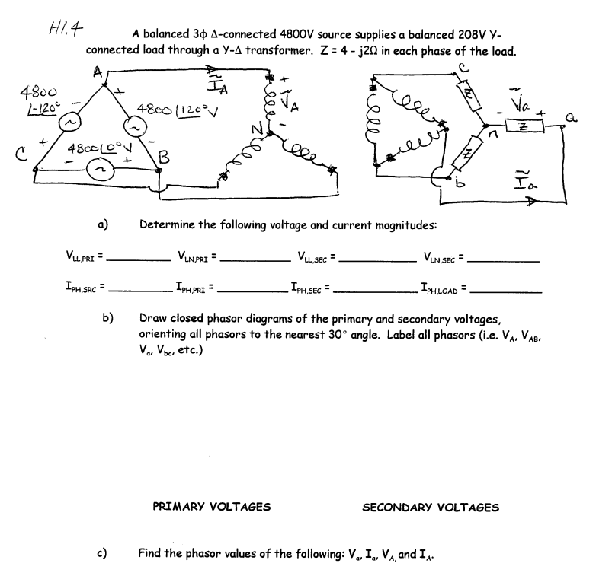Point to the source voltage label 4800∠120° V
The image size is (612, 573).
pos(165,109)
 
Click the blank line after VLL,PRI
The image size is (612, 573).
pos(139,260)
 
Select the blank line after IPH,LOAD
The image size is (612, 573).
pos(507,291)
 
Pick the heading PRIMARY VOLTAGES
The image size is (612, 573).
pos(212,507)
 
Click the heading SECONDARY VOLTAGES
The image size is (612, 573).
pos(431,507)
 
